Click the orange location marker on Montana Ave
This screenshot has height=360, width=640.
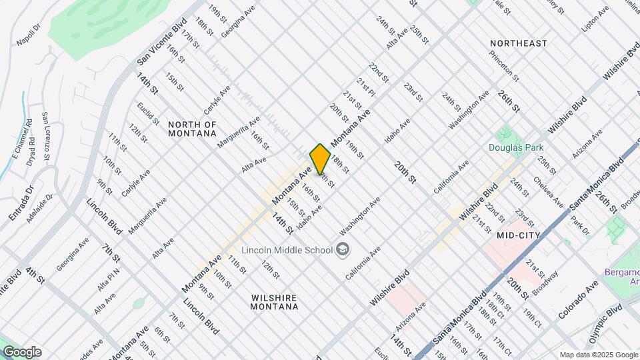pyautogui.click(x=320, y=159)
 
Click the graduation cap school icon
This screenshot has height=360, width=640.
pyautogui.click(x=343, y=250)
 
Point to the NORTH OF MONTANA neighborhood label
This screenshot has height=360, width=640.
pyautogui.click(x=192, y=129)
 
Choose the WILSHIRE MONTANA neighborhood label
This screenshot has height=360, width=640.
pyautogui.click(x=273, y=302)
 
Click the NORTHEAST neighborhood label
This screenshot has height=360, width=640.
pyautogui.click(x=518, y=43)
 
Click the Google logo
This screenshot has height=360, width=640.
pyautogui.click(x=22, y=352)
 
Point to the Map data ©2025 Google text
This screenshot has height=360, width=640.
pyautogui.click(x=597, y=355)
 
